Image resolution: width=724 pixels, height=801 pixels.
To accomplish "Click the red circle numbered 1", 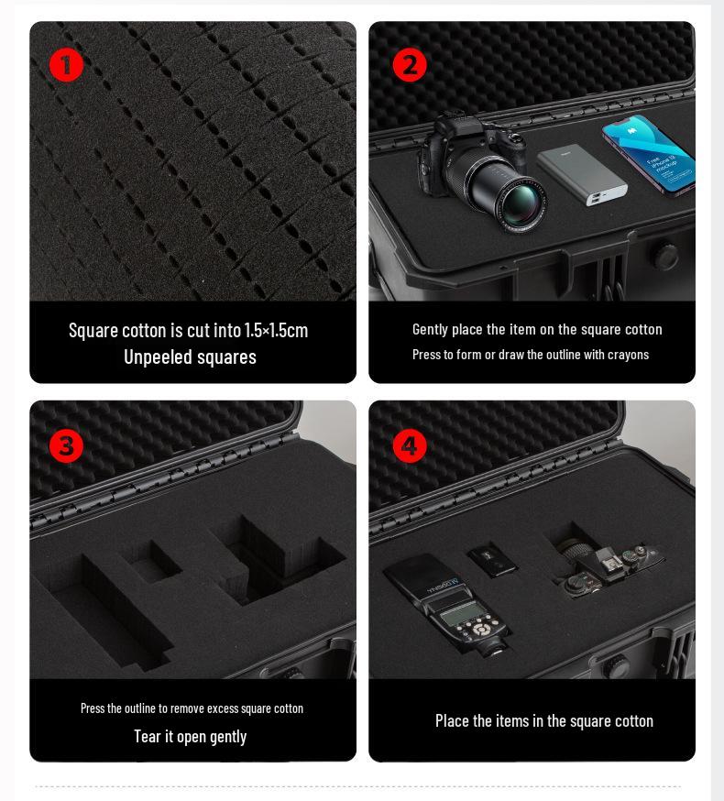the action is click(x=66, y=65).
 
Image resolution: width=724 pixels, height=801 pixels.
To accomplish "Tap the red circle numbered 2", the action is click(x=410, y=65).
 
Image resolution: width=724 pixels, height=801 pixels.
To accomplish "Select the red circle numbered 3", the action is click(x=66, y=446).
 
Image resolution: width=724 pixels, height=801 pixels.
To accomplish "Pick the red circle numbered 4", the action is click(x=410, y=446).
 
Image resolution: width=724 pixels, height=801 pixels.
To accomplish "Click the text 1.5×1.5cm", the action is click(x=276, y=331).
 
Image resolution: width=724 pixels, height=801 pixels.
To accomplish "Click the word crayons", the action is click(x=628, y=355).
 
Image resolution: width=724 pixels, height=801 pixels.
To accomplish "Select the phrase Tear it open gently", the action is click(x=190, y=737).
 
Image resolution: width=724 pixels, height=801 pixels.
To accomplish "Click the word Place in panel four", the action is click(x=452, y=720).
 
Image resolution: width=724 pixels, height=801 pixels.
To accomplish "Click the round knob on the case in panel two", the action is click(x=665, y=257).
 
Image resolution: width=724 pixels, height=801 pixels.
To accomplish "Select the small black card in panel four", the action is click(x=492, y=559).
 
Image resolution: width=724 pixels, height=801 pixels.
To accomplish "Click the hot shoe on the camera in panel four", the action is click(x=606, y=558).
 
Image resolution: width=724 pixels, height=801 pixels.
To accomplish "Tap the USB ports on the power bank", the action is click(x=598, y=199).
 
